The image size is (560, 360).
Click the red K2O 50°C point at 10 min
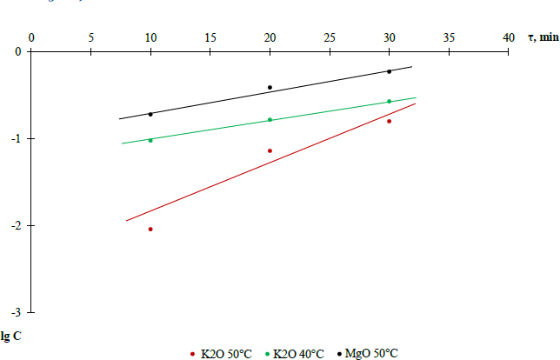click(x=150, y=230)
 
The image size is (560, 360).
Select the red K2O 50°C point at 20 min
click(x=270, y=150)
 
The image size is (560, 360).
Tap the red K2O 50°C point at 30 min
click(x=389, y=121)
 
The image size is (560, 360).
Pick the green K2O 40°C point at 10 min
click(x=150, y=140)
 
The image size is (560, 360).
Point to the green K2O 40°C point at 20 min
click(x=270, y=120)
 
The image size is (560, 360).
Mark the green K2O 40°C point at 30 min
click(x=389, y=102)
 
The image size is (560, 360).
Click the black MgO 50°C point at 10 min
click(x=150, y=114)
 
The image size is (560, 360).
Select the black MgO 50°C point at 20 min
click(x=270, y=88)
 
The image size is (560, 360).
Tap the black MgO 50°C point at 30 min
click(x=389, y=71)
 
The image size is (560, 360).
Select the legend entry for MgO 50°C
click(x=370, y=353)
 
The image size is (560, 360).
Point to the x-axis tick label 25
click(x=330, y=37)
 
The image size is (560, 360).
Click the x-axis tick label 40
click(x=509, y=37)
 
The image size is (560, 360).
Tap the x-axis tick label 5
click(x=90, y=37)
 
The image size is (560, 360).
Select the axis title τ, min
click(x=543, y=37)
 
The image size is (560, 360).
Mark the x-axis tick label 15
click(x=210, y=37)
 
